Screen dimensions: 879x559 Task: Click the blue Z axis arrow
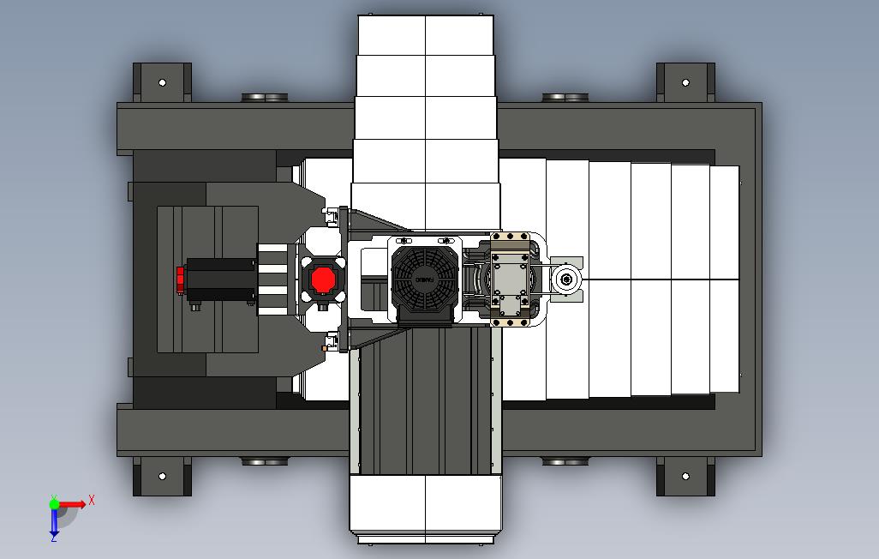click(x=54, y=524)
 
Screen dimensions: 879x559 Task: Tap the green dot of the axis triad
click(x=54, y=504)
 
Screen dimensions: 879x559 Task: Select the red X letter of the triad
click(x=92, y=499)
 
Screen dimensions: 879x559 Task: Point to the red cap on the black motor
click(x=181, y=279)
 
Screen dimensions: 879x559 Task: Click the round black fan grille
click(x=423, y=279)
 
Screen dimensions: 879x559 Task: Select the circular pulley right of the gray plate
click(x=565, y=279)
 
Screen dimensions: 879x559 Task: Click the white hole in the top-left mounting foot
click(x=162, y=83)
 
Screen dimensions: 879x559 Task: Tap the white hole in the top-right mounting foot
click(x=685, y=83)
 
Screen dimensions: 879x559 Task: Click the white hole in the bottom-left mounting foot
click(x=162, y=476)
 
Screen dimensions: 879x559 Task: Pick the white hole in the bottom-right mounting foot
click(x=685, y=476)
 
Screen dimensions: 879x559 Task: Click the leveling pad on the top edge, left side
click(x=266, y=97)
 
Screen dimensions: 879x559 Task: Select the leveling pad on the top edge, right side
click(x=565, y=97)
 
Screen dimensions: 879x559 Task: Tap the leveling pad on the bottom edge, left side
click(x=266, y=462)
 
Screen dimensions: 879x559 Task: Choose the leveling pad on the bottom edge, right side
click(x=565, y=462)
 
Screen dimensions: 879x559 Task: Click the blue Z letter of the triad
click(x=53, y=538)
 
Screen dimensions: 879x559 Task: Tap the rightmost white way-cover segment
click(x=725, y=279)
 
